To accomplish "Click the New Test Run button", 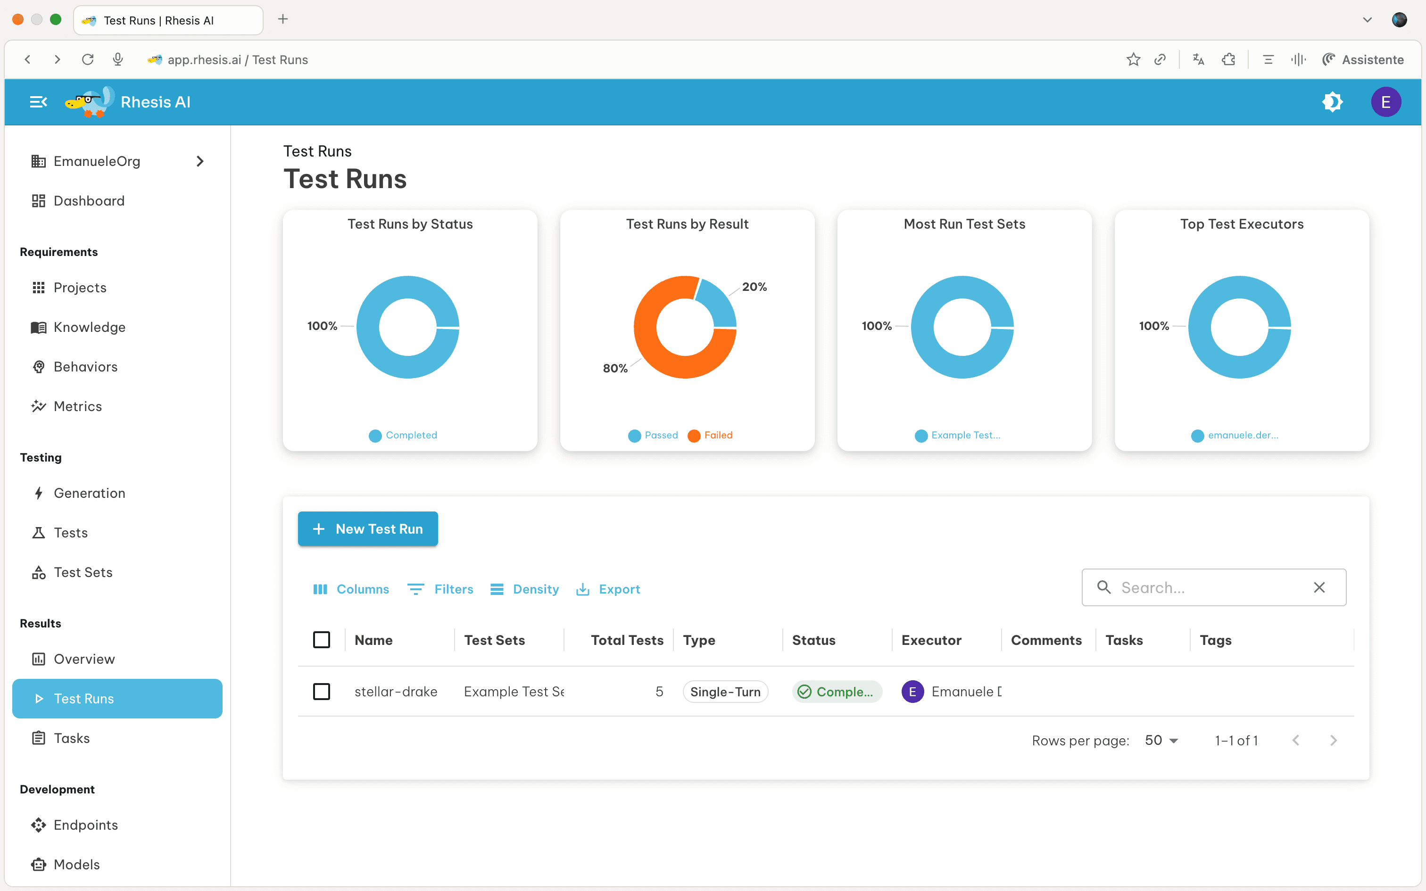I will click(x=368, y=528).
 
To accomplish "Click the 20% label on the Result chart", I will click(x=754, y=287).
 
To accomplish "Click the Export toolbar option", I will click(x=608, y=589).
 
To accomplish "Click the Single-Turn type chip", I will click(x=725, y=692).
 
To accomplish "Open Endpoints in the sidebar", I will click(x=85, y=825).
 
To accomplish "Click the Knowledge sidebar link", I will click(x=89, y=327).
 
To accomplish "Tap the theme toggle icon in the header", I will click(x=1332, y=102).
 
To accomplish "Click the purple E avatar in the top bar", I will click(x=1385, y=102).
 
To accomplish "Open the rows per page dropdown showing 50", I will click(x=1161, y=740).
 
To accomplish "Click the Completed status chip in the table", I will click(x=837, y=692).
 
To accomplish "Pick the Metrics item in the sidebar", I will click(x=77, y=406).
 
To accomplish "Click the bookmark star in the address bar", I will click(x=1133, y=59).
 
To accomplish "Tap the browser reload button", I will click(x=88, y=59).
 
